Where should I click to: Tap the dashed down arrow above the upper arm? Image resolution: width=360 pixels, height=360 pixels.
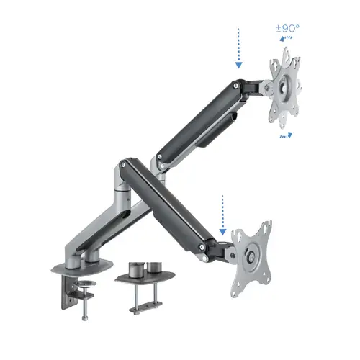[237, 48]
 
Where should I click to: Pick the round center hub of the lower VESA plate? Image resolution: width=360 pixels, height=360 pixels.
[251, 255]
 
